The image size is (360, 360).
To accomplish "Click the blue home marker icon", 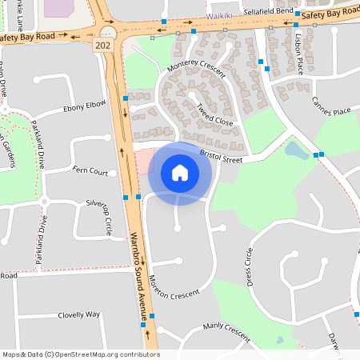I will point(180,173).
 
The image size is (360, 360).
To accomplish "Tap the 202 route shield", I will point(102,46).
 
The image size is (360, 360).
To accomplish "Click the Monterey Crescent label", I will point(195,70).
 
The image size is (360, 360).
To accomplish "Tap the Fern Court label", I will point(90,171).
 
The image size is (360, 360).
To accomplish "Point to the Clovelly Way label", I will point(78,315).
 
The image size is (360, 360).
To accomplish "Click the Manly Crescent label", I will point(226,326).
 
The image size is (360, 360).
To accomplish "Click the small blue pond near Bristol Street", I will point(295,150).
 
